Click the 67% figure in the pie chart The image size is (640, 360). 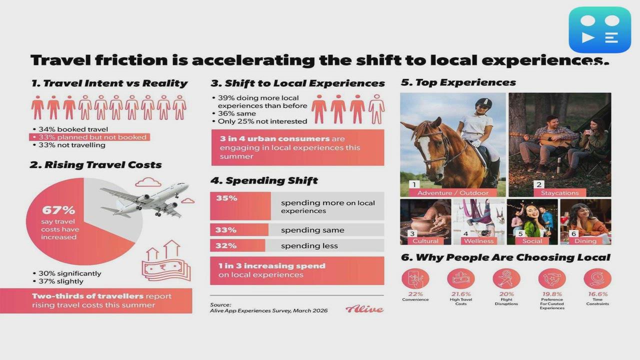pos(58,210)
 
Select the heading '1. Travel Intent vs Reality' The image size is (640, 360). pos(109,83)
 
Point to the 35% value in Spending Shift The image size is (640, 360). pos(226,198)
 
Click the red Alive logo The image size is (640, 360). pos(364,309)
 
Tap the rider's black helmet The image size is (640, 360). pos(483,103)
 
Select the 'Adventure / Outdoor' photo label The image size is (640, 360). pos(453,192)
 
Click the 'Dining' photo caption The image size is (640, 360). pos(585,241)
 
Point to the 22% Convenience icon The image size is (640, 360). pos(415,278)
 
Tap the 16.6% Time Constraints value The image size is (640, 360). pos(597,294)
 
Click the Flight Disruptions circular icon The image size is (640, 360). pos(506,278)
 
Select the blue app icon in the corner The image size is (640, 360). pos(599,29)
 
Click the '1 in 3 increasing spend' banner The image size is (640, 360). pos(297,270)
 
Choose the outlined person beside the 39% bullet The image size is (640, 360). pos(376,108)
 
